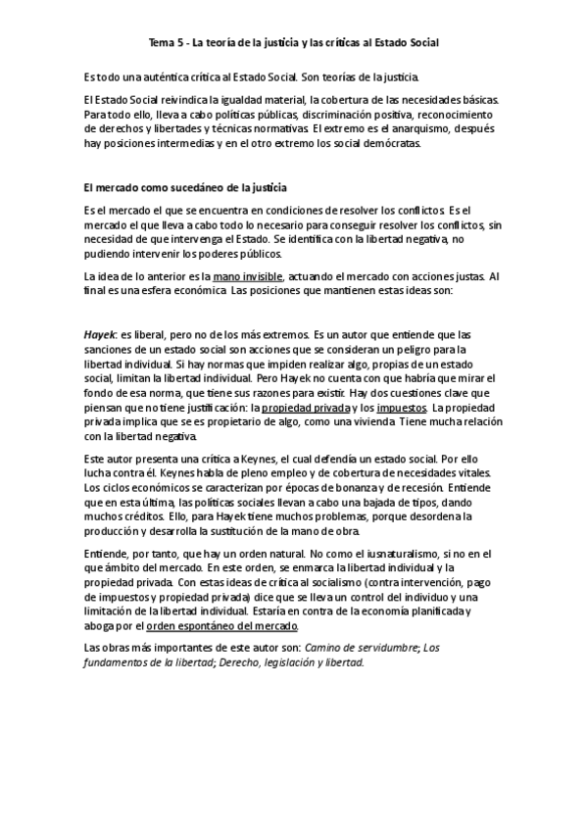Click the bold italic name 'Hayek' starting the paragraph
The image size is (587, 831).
[x=100, y=334]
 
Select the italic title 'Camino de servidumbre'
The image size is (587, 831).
[x=363, y=648]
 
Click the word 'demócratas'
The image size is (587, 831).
[x=389, y=143]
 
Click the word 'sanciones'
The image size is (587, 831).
[x=111, y=349]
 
